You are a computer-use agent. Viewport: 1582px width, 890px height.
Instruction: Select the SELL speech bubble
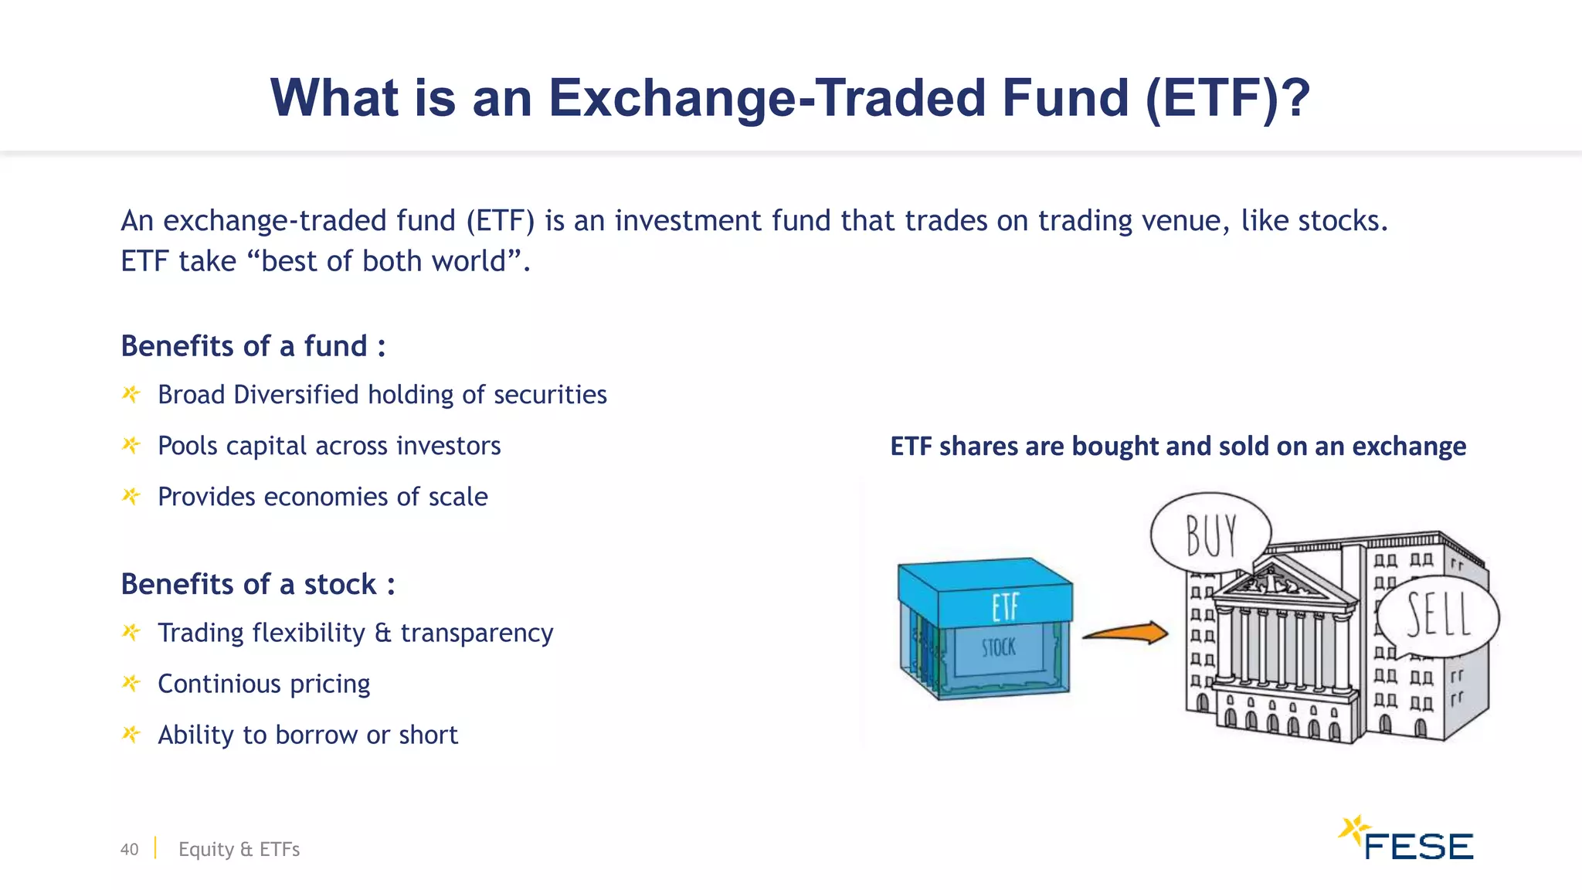point(1438,615)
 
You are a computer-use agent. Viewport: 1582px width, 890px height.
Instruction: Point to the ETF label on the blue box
point(1005,606)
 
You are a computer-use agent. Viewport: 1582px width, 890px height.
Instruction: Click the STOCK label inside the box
point(998,647)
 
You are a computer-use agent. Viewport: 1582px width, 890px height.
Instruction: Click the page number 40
point(129,849)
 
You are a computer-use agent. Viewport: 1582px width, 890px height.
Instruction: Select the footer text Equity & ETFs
point(239,849)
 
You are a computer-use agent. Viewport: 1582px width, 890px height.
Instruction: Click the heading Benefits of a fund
point(253,346)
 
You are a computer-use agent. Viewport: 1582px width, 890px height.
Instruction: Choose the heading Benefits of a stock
point(257,584)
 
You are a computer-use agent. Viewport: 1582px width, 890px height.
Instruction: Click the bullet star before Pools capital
point(131,445)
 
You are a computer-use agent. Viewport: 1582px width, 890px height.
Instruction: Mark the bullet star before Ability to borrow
point(131,734)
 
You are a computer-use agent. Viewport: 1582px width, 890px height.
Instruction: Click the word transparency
point(477,633)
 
